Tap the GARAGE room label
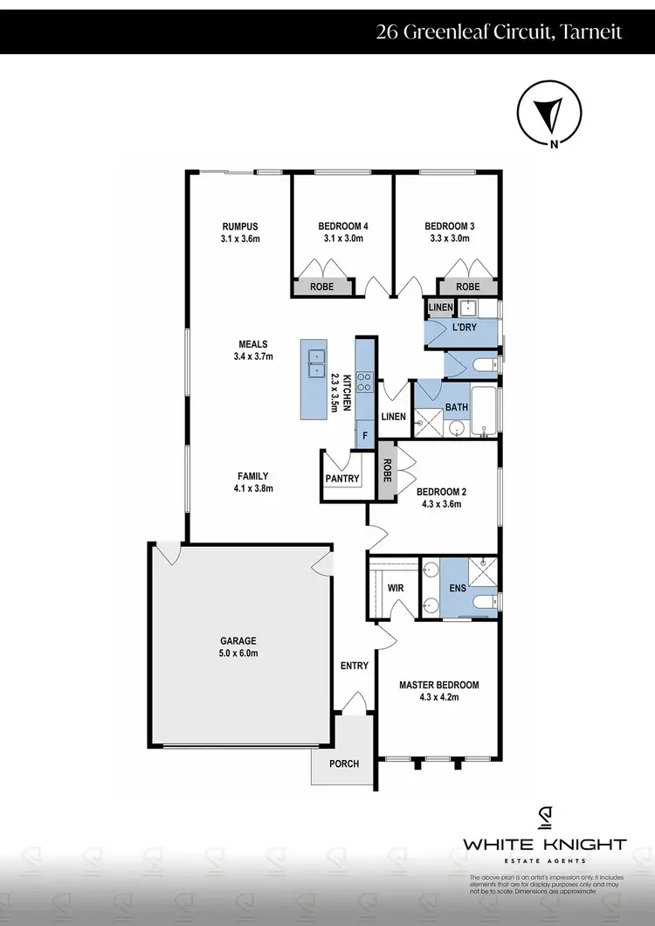coord(238,640)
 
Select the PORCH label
coord(344,764)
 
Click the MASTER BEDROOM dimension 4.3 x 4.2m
coord(438,697)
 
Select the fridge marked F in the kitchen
coord(364,433)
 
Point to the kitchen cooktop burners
coord(364,382)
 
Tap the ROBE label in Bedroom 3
coord(468,287)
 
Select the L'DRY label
coord(463,328)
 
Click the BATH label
coord(457,407)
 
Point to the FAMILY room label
coord(252,476)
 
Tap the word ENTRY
coord(354,666)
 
